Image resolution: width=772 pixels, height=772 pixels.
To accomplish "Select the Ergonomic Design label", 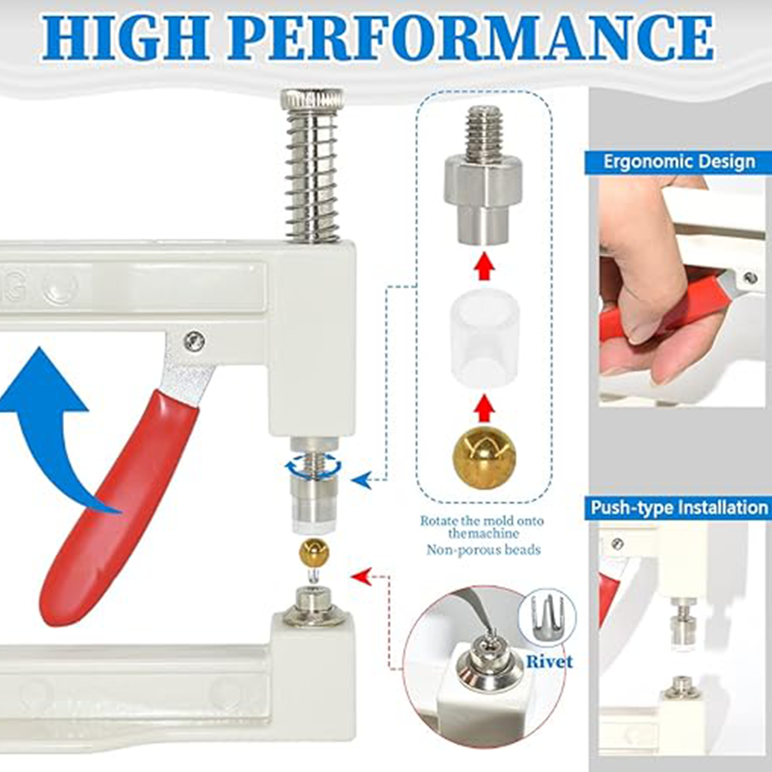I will (x=678, y=162).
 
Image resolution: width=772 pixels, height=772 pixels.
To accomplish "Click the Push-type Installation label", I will (x=678, y=508).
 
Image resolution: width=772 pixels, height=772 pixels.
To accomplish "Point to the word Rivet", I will (x=549, y=662).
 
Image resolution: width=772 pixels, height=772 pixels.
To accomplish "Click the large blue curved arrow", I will (x=50, y=416).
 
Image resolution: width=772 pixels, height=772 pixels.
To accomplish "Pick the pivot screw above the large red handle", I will (x=194, y=341).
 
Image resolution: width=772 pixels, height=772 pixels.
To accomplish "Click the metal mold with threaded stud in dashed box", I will (x=485, y=178).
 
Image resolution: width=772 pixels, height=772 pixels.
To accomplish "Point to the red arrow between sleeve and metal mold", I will (x=485, y=267).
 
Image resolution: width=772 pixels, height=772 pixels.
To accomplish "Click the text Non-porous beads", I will (x=483, y=550).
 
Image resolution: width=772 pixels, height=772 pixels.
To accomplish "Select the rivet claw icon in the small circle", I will (x=547, y=618).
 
